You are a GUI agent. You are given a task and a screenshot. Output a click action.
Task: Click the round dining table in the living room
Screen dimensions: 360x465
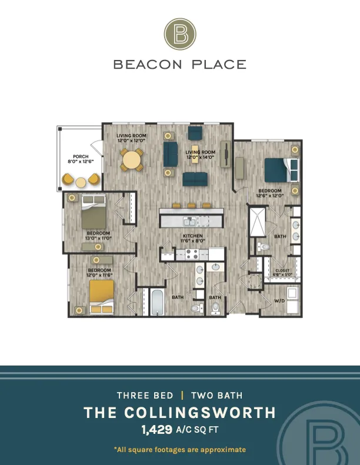click(132, 160)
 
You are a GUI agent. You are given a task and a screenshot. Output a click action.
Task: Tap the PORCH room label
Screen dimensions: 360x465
click(81, 156)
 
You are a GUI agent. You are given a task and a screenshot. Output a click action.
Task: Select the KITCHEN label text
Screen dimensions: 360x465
click(193, 236)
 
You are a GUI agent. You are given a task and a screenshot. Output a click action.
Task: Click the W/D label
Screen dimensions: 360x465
click(279, 301)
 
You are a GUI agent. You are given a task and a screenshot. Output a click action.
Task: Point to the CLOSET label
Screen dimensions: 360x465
click(282, 270)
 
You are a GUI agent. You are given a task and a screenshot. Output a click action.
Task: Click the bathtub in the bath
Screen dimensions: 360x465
click(157, 302)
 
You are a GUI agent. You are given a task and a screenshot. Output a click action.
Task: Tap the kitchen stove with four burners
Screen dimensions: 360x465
click(192, 254)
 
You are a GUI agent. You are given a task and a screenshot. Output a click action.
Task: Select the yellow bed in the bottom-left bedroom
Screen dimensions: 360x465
click(102, 296)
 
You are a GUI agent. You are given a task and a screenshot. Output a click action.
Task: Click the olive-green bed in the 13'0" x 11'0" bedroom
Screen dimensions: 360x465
click(94, 212)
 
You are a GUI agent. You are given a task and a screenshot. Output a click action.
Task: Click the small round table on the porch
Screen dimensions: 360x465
click(81, 182)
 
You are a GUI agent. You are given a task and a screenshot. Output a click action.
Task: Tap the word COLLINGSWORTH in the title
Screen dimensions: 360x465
click(200, 413)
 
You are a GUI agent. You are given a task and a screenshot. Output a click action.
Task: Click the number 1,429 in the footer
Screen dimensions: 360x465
click(157, 429)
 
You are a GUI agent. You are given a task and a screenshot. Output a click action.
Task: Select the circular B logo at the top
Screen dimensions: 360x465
click(180, 34)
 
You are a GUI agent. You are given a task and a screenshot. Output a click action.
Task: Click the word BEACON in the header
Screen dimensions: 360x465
click(148, 64)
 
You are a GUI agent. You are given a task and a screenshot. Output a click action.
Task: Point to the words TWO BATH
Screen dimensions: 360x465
click(217, 395)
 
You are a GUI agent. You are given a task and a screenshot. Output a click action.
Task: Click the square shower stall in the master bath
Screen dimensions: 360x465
click(257, 222)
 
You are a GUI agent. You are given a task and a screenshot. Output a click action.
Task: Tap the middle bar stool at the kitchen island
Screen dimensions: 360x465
click(191, 205)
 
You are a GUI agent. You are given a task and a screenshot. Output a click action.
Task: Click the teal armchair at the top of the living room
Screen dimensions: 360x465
click(195, 133)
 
